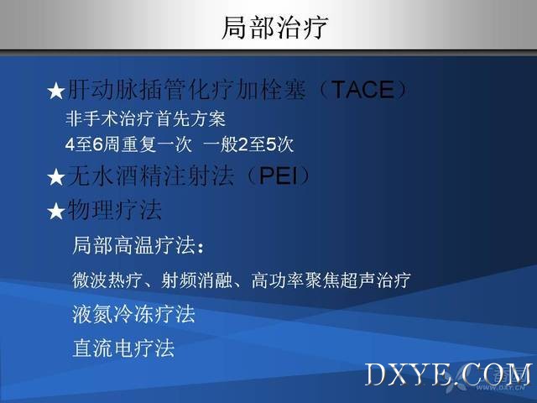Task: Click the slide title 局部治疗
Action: (274, 28)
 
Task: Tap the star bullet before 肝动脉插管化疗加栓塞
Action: (56, 92)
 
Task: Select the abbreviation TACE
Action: (363, 90)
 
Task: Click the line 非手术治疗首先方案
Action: (145, 119)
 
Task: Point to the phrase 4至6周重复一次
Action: (128, 144)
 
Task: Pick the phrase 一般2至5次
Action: (248, 144)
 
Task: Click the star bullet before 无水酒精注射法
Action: (56, 177)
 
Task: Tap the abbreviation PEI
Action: (279, 175)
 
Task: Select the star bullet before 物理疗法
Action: (56, 211)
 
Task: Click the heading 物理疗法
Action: (114, 209)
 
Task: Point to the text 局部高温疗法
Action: (134, 245)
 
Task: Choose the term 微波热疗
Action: (107, 280)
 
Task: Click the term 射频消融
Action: (196, 280)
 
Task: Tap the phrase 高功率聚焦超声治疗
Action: (331, 280)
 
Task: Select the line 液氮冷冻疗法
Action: (133, 314)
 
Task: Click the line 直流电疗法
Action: (123, 348)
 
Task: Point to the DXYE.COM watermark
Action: (449, 374)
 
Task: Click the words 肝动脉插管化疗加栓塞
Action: (186, 90)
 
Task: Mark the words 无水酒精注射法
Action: (151, 175)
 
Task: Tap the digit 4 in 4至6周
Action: (70, 145)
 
